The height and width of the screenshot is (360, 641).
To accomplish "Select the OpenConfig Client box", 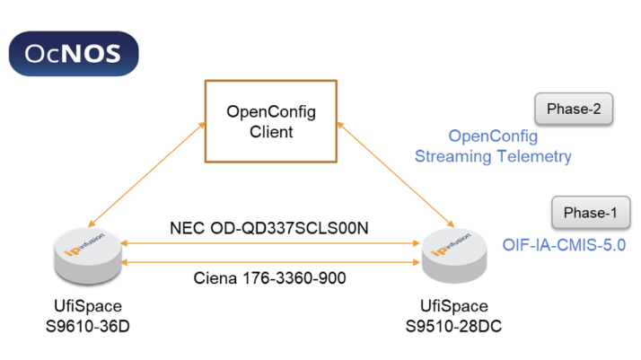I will coord(270,121).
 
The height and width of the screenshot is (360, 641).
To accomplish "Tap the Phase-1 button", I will coord(590,214).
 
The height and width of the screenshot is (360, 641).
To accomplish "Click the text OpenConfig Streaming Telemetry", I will coord(493,146).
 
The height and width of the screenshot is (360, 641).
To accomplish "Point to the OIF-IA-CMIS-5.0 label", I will coord(563,243).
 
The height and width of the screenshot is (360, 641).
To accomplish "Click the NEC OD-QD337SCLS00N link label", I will coord(269,228).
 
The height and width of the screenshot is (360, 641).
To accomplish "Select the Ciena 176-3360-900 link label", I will coord(269,277).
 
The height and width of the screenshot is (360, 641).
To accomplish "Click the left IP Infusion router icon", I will coord(87,254).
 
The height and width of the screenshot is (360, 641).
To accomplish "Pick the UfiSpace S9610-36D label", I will coord(86,315).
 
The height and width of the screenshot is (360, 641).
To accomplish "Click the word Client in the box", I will coord(270,132).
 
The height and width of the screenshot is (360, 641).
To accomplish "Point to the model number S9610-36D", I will coord(86,325).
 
